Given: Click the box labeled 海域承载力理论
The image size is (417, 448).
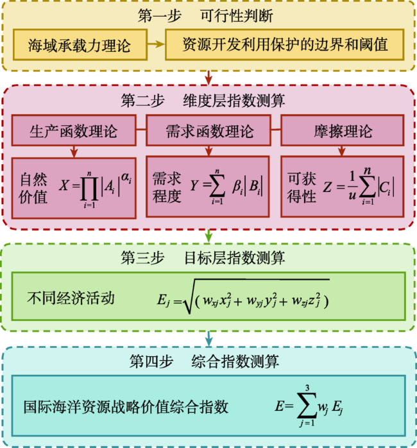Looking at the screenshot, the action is click(x=80, y=45).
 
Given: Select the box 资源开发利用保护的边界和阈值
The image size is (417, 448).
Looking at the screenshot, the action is click(x=285, y=44).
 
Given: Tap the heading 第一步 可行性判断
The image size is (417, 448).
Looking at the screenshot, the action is click(x=205, y=15).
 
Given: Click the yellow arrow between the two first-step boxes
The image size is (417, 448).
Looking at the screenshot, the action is click(x=157, y=44).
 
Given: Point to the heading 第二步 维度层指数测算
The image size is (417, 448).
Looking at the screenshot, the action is click(x=203, y=101).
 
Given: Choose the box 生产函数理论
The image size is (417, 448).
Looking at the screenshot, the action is click(x=74, y=130).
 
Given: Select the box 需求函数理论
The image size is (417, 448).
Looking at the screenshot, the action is click(x=208, y=130).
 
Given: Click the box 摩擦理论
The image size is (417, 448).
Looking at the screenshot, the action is click(x=343, y=130).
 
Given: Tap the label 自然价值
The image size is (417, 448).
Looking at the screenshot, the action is click(x=33, y=187).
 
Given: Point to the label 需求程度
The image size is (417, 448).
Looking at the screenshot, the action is click(x=167, y=187).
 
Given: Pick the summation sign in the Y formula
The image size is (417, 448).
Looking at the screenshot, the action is click(x=217, y=185).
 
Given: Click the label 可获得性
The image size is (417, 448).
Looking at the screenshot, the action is click(x=302, y=187).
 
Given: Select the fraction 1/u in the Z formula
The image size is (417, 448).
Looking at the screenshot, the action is click(x=352, y=185).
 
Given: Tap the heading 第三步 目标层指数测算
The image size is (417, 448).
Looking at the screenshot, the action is click(x=203, y=258).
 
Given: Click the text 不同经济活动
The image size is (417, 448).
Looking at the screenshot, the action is click(x=71, y=298).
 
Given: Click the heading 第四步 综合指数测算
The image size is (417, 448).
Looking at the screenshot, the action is click(x=204, y=361).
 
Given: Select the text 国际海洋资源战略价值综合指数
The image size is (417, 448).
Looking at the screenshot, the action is click(x=126, y=406).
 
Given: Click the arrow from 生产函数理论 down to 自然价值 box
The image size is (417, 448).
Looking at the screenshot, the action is click(x=74, y=151).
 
